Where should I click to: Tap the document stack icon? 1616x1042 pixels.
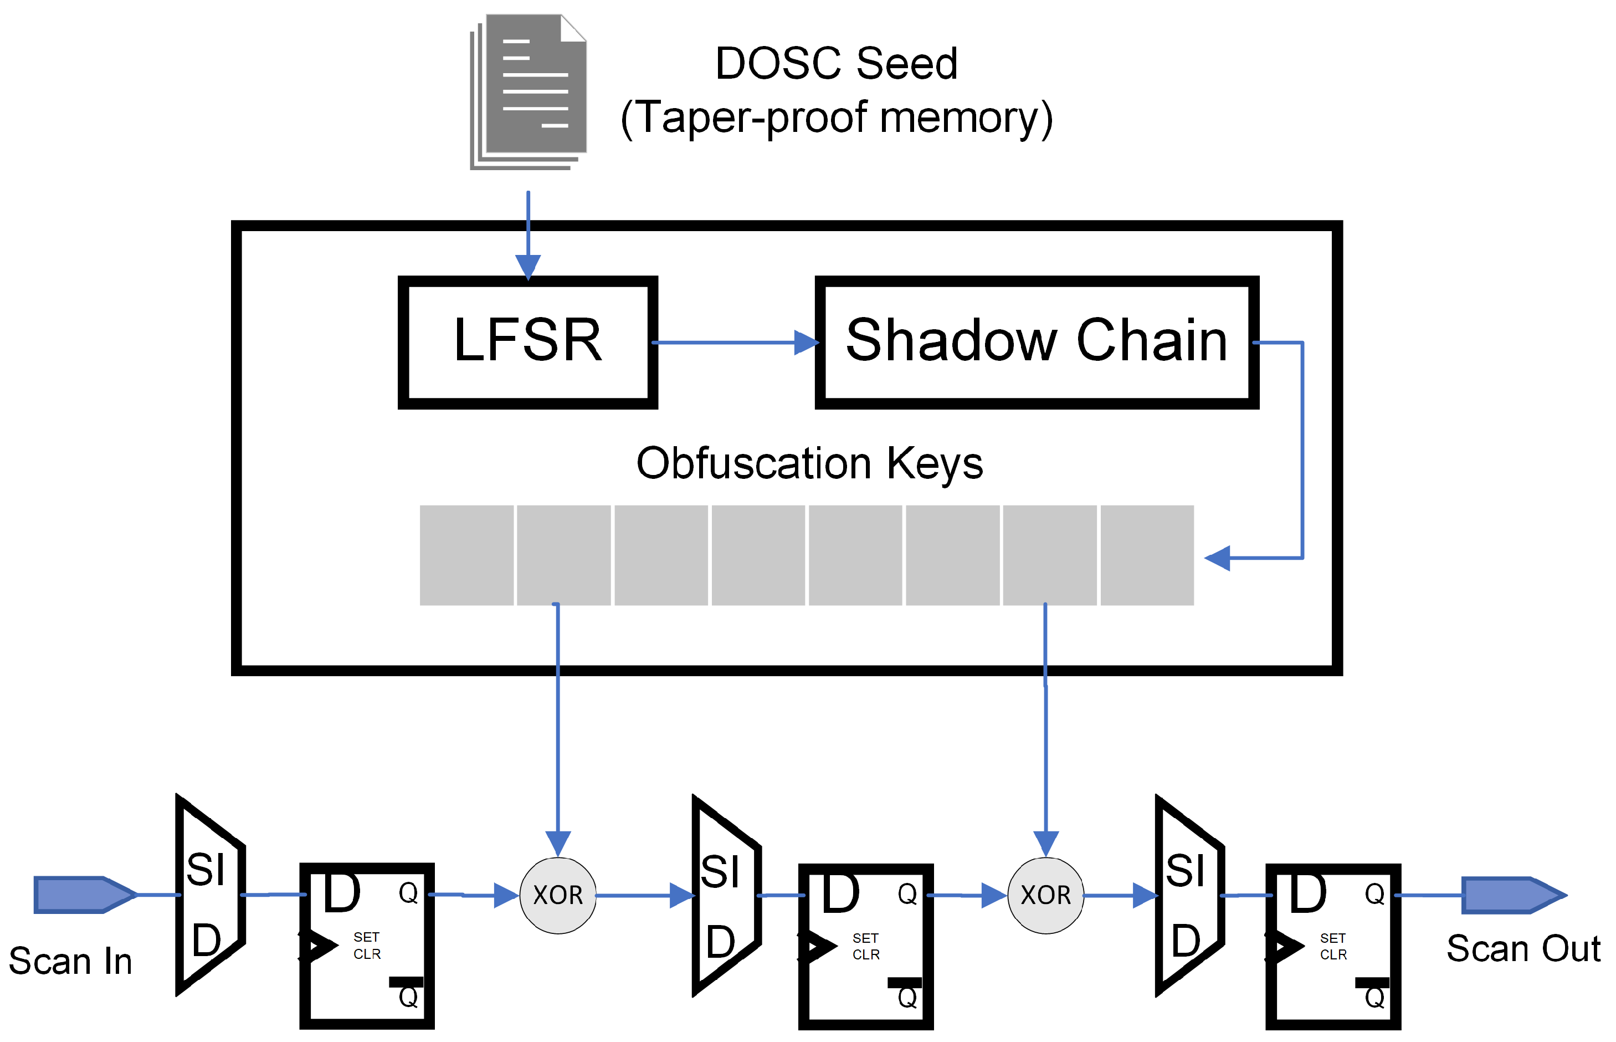click(529, 91)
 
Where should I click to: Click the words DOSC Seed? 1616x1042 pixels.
click(836, 64)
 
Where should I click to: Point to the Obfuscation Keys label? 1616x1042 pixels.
click(809, 463)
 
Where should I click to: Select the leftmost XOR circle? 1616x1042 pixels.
click(558, 895)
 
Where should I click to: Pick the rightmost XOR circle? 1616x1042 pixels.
click(1045, 895)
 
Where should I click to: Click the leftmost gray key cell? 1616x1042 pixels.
click(466, 555)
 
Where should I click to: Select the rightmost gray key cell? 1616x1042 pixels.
click(1147, 555)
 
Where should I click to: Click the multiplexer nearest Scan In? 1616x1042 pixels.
click(209, 895)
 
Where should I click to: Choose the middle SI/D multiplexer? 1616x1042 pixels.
click(726, 895)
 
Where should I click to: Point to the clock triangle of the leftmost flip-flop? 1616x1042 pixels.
click(318, 945)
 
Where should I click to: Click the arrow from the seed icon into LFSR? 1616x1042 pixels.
click(528, 237)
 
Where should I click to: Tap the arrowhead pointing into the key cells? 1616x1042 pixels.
click(1217, 558)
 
